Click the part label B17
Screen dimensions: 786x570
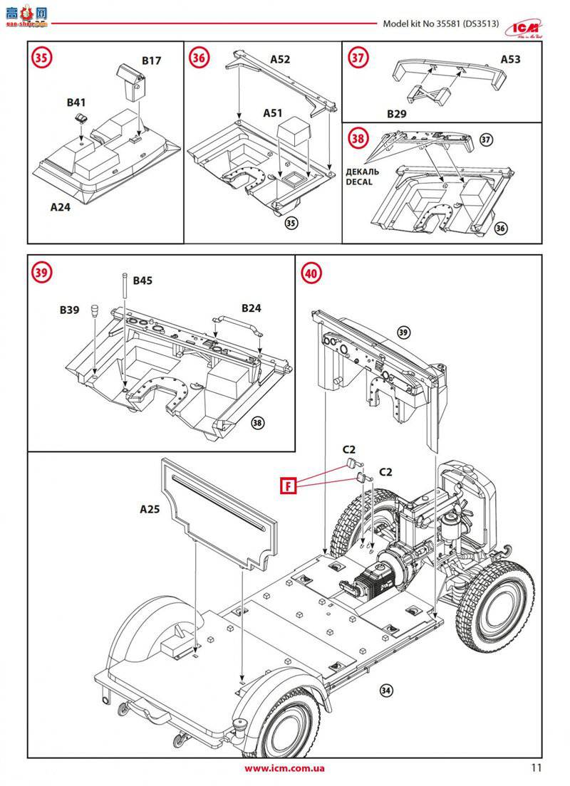tap(151, 61)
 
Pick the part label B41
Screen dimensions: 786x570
tap(77, 103)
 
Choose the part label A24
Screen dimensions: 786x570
tap(61, 207)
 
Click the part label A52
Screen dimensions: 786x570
tap(280, 60)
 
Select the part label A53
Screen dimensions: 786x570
tap(510, 59)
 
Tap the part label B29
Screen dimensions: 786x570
tap(396, 114)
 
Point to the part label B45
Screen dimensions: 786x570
tap(142, 281)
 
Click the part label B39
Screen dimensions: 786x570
tap(70, 310)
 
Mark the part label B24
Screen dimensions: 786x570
tap(252, 308)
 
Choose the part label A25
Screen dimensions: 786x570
tap(150, 509)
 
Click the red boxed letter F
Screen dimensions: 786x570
tap(289, 486)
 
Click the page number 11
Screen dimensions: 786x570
tap(537, 767)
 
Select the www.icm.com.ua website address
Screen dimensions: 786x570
tap(284, 768)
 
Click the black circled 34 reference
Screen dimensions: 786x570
tap(386, 690)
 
